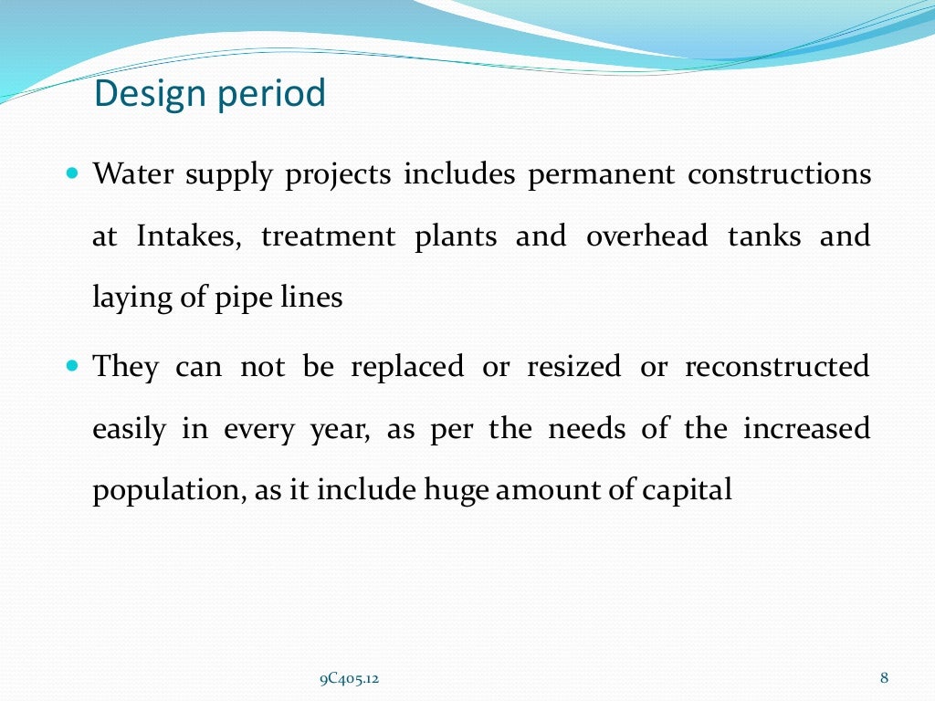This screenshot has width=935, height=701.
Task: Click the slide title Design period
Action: click(x=210, y=94)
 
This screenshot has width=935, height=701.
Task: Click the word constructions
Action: click(x=779, y=174)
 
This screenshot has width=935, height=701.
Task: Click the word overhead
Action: click(x=646, y=236)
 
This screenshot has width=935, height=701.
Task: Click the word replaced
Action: click(x=407, y=368)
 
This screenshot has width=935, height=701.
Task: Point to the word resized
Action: click(x=573, y=368)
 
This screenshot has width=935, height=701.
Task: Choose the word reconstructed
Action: click(x=777, y=368)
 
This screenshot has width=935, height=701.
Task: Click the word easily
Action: click(x=128, y=430)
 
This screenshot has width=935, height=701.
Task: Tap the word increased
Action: click(x=806, y=429)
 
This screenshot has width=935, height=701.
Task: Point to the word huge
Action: click(x=451, y=492)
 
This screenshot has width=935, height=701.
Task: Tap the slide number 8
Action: click(x=884, y=677)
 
